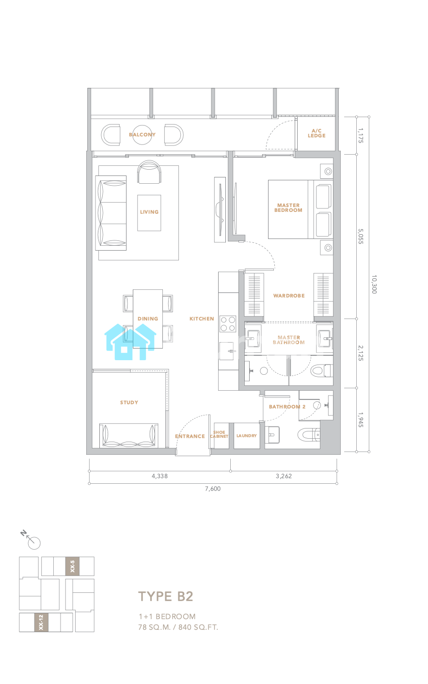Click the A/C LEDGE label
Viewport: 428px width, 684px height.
tap(316, 133)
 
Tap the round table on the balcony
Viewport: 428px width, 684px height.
tap(142, 135)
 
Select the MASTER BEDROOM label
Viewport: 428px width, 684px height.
tap(288, 207)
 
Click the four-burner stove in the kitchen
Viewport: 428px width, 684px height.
tap(228, 324)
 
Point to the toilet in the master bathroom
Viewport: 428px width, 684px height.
tap(321, 371)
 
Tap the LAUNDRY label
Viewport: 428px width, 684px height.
tap(247, 436)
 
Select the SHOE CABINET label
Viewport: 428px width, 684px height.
tap(219, 434)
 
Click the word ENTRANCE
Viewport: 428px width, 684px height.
tap(190, 436)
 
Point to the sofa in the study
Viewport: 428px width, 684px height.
tap(129, 435)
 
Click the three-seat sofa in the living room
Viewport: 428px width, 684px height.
tap(111, 213)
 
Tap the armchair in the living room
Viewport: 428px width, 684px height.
tap(149, 172)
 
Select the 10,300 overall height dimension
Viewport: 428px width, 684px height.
tap(374, 284)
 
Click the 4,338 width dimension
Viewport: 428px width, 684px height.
tap(159, 476)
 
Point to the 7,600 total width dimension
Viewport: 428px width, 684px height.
tap(213, 489)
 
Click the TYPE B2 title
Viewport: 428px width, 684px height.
tap(166, 596)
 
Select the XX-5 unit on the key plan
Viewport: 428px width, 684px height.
tap(72, 566)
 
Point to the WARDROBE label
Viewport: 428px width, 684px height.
tap(289, 296)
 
